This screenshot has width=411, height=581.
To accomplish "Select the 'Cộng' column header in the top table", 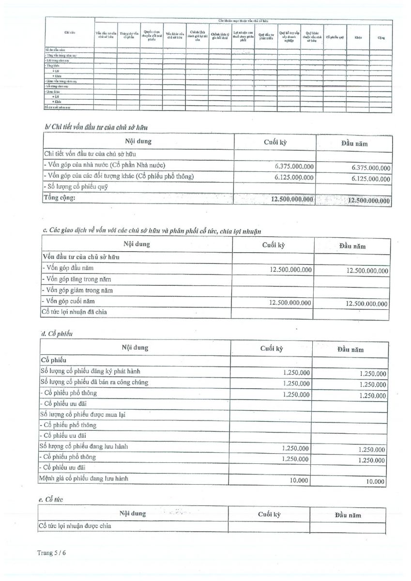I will point(381,37).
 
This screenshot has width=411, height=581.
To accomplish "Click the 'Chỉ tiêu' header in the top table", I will point(69,33).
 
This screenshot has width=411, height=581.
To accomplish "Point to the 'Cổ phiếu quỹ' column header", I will point(335,37).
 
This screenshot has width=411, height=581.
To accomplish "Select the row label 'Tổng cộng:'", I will point(60,198).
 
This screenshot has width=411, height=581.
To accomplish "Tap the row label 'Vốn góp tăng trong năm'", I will point(78,279).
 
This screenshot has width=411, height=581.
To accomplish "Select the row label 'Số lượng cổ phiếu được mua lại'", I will point(83,414).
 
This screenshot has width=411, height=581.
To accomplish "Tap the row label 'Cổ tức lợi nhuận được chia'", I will point(77,526).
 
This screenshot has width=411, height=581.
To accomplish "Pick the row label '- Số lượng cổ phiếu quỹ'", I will point(76,186).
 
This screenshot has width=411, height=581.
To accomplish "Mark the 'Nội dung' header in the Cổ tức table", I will point(133,513).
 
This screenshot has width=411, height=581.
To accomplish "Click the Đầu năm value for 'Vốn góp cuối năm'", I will point(366,304).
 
